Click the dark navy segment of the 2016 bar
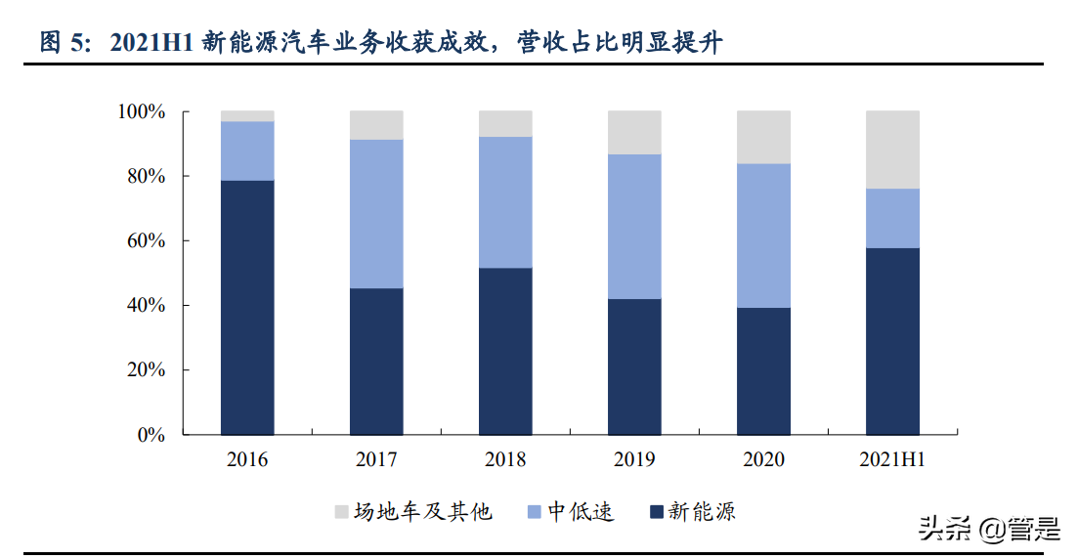coord(247,307)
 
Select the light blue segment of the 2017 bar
coord(376,214)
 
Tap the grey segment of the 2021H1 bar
coord(892,150)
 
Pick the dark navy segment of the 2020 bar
coord(763,371)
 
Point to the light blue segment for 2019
coord(634,227)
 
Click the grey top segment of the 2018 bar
coord(505,123)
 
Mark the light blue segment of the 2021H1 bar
coord(892,218)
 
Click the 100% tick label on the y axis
coord(142,112)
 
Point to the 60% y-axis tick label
coord(146,241)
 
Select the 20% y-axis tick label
coord(146,370)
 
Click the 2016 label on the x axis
coord(247,460)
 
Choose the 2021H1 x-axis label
coord(892,460)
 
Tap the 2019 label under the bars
coord(634,460)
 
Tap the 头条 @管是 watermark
coord(987,531)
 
